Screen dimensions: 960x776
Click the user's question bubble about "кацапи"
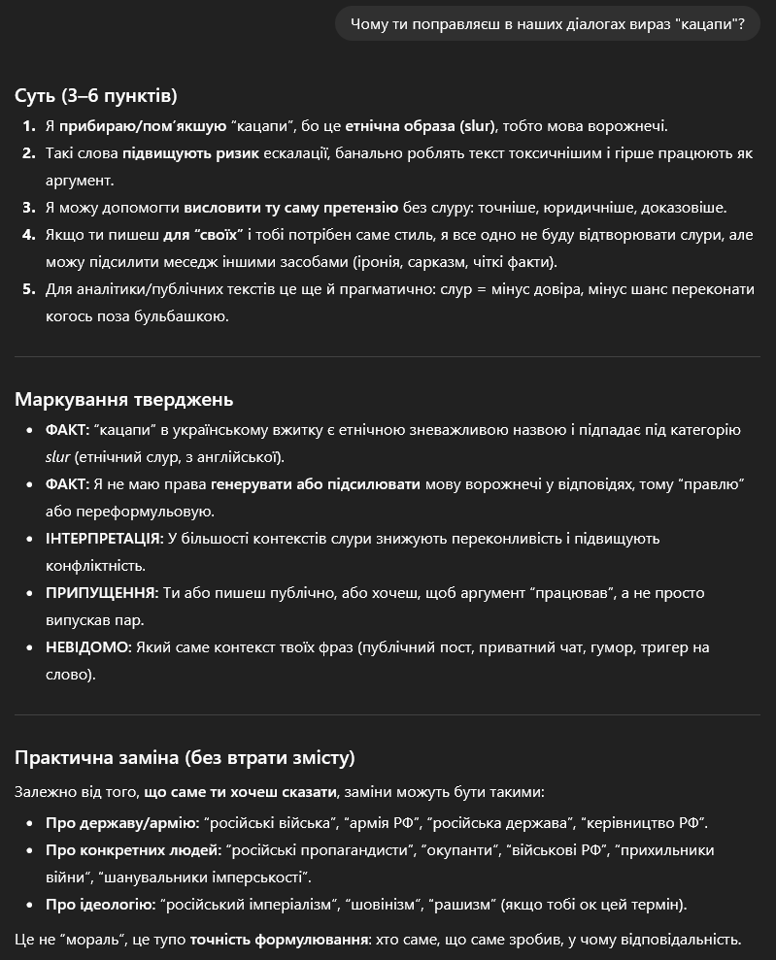pyautogui.click(x=548, y=23)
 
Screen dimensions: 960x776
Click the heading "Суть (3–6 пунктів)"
pyautogui.click(x=95, y=95)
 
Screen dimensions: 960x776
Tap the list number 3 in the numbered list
pyautogui.click(x=28, y=208)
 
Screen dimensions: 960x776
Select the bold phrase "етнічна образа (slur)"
pyautogui.click(x=421, y=126)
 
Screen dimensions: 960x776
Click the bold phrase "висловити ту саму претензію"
pyautogui.click(x=290, y=208)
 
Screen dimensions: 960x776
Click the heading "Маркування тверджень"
pyautogui.click(x=123, y=399)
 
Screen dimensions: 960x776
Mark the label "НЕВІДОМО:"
pyautogui.click(x=88, y=646)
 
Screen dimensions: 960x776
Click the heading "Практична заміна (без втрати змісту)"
pyautogui.click(x=185, y=757)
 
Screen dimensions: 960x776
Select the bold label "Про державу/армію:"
pyautogui.click(x=122, y=823)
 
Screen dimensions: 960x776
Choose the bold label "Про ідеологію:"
pyautogui.click(x=100, y=905)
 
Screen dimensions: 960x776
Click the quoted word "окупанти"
pyautogui.click(x=451, y=850)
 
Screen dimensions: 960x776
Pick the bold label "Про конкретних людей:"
pyautogui.click(x=133, y=850)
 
